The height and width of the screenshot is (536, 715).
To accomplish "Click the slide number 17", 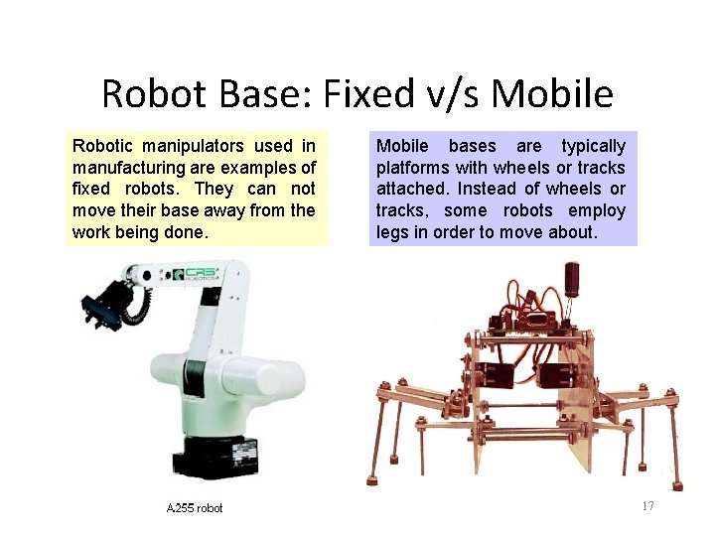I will click(647, 506).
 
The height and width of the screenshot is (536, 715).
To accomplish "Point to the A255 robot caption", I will click(195, 508).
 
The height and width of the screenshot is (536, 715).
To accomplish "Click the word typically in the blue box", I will click(593, 146).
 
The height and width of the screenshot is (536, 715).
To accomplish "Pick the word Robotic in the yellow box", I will click(102, 146).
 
